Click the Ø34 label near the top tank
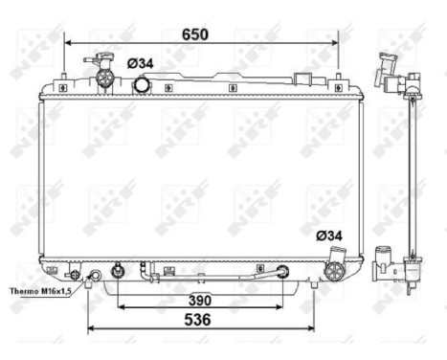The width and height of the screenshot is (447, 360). [140, 63]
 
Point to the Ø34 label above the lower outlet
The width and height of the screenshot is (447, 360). [329, 236]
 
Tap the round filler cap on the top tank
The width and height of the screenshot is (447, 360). [142, 85]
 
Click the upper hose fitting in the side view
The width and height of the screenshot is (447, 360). [389, 70]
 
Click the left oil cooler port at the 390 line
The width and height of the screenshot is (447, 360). [119, 271]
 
